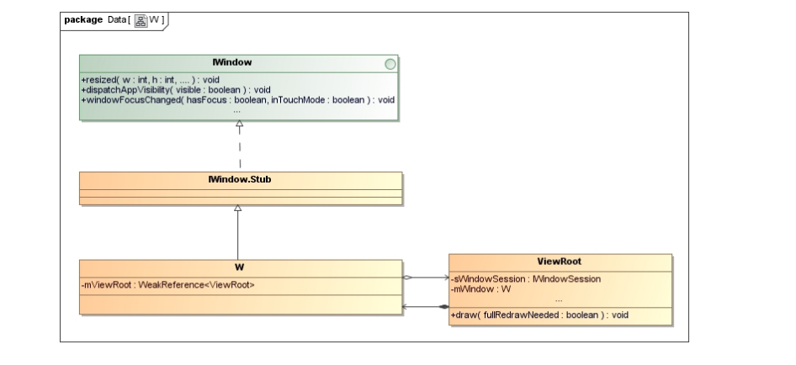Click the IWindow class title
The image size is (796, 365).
(x=239, y=61)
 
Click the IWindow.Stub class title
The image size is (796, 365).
(x=239, y=178)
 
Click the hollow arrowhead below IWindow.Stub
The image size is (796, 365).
(x=239, y=208)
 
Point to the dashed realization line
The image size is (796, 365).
(x=239, y=151)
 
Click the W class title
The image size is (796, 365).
(x=239, y=266)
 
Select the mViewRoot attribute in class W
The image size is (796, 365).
(x=168, y=284)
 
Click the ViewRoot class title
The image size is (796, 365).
(x=560, y=261)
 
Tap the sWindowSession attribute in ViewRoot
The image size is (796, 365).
(x=526, y=278)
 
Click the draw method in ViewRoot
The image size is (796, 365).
(x=539, y=315)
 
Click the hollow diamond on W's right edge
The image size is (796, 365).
(x=408, y=276)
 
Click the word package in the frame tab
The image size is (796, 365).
(x=83, y=19)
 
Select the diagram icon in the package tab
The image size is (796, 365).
(x=141, y=19)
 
